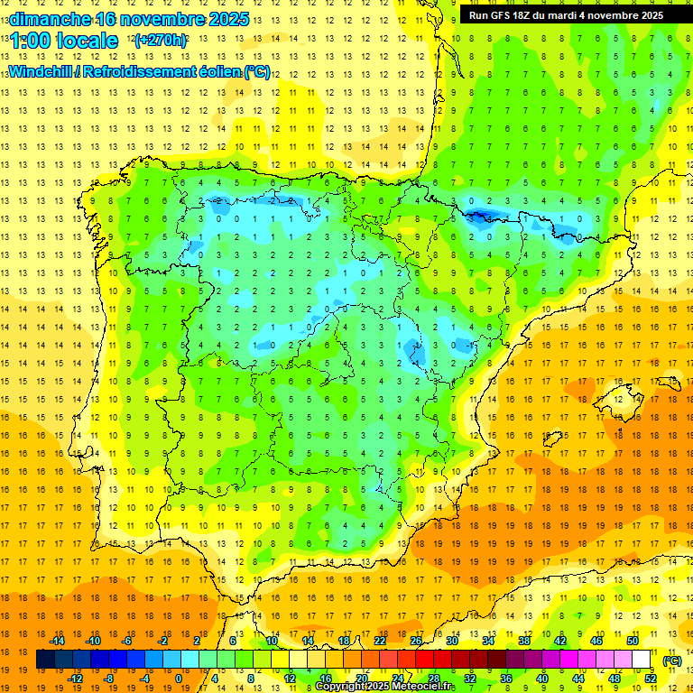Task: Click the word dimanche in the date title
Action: coord(51,19)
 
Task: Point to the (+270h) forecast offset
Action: coord(161,41)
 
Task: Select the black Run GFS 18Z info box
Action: coord(566,14)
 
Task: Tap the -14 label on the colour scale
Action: coord(57,641)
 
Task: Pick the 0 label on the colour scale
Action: coord(178,678)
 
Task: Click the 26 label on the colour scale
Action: coord(416,641)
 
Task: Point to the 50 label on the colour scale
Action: coord(632,641)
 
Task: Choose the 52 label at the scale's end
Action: coord(651,678)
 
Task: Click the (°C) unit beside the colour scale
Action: coord(671,661)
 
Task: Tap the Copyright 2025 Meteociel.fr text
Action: coord(385,687)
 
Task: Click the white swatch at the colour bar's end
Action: coord(642,660)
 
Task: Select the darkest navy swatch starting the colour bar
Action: coord(45,660)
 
